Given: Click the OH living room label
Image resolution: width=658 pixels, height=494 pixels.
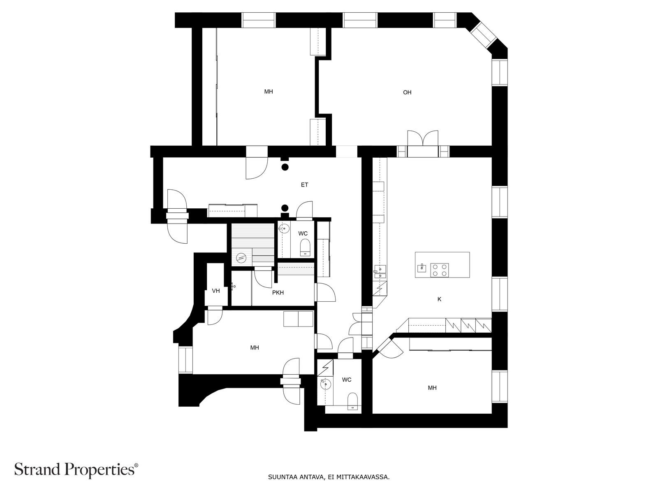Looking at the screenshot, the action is (x=407, y=92).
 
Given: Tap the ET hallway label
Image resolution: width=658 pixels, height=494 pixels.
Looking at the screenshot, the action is (x=304, y=185).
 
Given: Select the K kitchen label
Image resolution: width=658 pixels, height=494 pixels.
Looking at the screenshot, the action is (x=439, y=299).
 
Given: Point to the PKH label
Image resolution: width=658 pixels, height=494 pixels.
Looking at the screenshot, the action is (x=278, y=292).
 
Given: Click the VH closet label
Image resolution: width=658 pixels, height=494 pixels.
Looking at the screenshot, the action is (x=216, y=291).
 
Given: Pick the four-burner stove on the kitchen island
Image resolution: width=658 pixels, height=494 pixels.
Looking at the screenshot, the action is (x=440, y=270).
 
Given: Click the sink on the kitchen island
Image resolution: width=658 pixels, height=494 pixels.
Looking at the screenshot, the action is (x=422, y=268).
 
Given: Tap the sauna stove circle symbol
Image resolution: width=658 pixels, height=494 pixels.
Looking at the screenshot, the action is (x=241, y=257).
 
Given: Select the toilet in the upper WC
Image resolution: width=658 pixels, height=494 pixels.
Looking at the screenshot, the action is (x=305, y=248).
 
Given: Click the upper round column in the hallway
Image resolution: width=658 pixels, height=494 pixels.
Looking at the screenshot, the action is (x=285, y=167).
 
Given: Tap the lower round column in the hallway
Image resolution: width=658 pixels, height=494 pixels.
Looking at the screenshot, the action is (x=285, y=207).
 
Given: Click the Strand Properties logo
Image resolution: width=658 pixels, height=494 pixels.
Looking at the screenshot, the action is (x=76, y=470).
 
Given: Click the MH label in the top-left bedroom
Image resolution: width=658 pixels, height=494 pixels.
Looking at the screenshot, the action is (x=268, y=91).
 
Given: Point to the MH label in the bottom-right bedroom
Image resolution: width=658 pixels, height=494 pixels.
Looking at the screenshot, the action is (x=432, y=388).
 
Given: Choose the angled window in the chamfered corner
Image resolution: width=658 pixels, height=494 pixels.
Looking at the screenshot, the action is (x=482, y=35).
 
